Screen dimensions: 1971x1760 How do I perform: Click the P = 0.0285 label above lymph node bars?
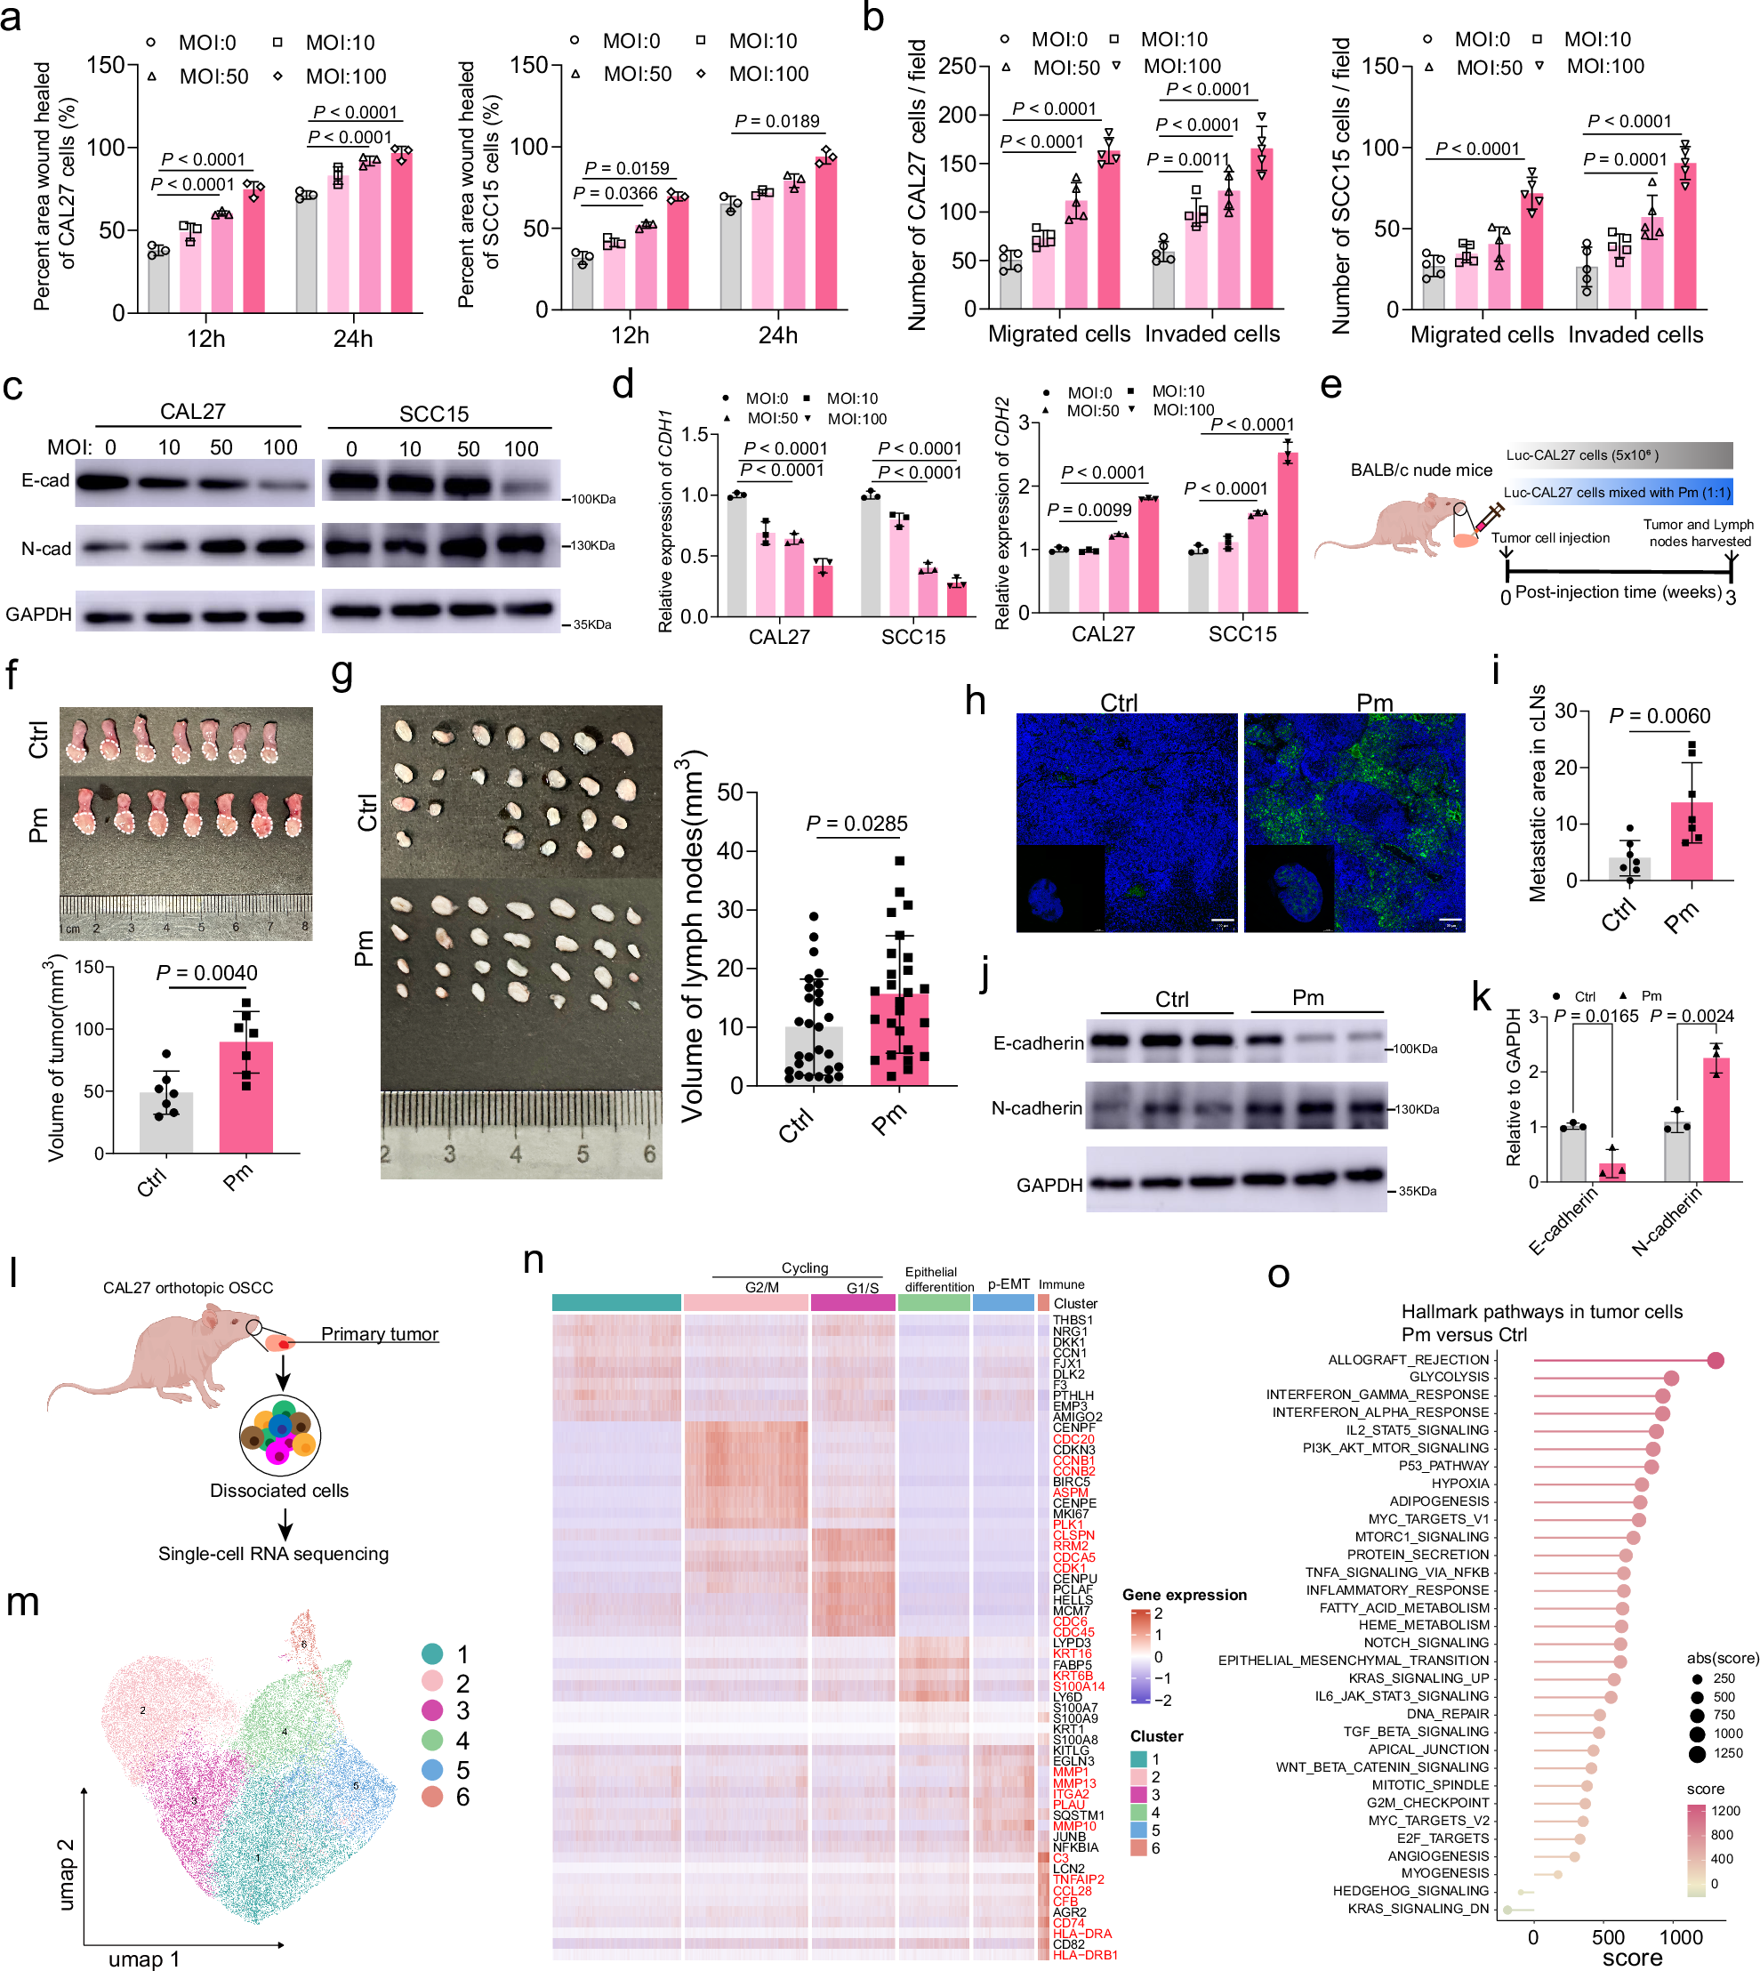tap(856, 823)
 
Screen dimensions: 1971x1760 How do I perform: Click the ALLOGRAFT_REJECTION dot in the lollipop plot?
tap(1716, 1360)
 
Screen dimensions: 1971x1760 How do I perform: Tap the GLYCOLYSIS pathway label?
tap(1449, 1376)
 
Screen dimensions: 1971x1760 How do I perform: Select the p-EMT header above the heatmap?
tap(1008, 1284)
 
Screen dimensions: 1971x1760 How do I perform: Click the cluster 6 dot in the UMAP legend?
tap(432, 1796)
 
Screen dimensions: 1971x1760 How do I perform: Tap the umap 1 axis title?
tap(143, 1959)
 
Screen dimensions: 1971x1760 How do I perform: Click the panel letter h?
tap(975, 700)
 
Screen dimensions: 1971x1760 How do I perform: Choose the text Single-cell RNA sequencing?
tap(274, 1553)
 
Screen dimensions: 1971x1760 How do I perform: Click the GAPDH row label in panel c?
tap(38, 614)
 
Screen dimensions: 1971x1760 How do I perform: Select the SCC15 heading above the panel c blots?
tap(433, 414)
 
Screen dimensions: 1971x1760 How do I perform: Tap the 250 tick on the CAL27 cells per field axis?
tap(956, 66)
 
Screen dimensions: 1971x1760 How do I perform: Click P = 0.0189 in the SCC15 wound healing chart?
tap(776, 121)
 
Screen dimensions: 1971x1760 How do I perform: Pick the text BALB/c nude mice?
tap(1420, 470)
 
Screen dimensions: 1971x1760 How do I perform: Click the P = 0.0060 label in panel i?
tap(1659, 716)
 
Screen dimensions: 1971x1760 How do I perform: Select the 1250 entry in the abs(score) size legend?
tap(1726, 1752)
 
